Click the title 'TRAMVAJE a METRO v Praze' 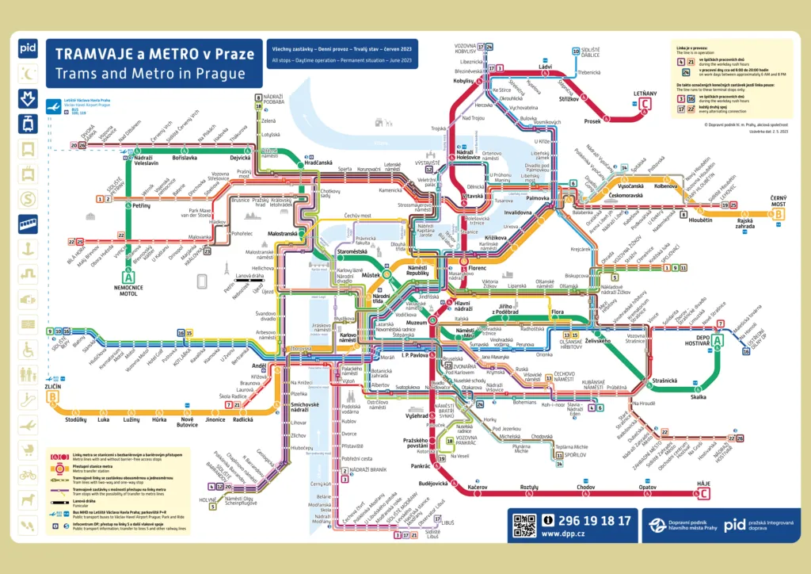pyautogui.click(x=150, y=54)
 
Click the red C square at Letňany pyautogui.click(x=645, y=104)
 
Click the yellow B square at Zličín pyautogui.click(x=53, y=396)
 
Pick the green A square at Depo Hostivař pyautogui.click(x=718, y=341)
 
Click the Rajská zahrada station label pyautogui.click(x=744, y=224)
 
